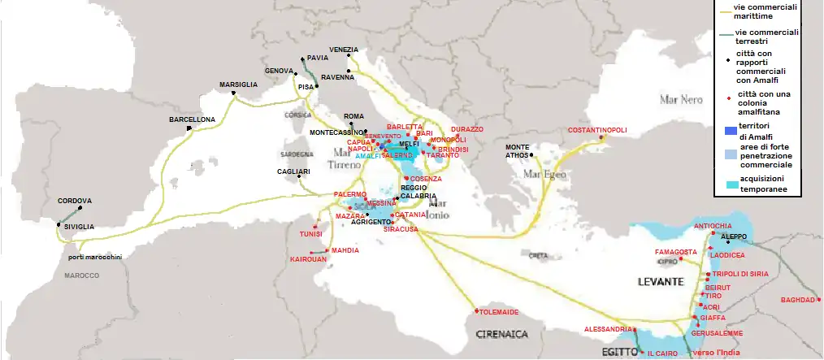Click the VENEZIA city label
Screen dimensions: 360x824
(344, 50)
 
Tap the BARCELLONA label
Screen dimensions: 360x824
(192, 119)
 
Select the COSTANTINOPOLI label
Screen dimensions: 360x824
(597, 130)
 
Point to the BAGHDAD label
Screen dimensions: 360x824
(797, 300)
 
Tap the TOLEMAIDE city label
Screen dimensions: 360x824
(498, 311)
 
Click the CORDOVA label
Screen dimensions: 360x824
(75, 201)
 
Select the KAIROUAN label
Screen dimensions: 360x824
(308, 259)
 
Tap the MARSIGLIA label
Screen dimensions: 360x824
(238, 85)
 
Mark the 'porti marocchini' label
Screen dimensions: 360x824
(95, 257)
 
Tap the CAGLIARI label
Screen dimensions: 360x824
(293, 171)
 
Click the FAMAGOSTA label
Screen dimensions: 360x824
(676, 252)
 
